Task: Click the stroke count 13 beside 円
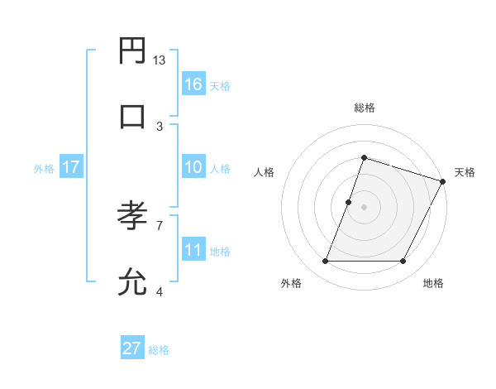click(160, 60)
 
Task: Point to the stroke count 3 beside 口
click(160, 127)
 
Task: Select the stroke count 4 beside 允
click(160, 291)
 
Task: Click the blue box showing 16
click(193, 84)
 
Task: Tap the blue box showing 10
click(193, 167)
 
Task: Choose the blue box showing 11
click(193, 250)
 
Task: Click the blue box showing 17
click(71, 167)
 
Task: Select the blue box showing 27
click(132, 348)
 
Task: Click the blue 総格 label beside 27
click(159, 350)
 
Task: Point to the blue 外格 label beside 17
click(44, 169)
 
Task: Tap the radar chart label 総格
click(364, 108)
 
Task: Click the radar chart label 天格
click(465, 172)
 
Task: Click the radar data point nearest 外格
click(325, 262)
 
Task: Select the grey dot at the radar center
click(364, 207)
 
